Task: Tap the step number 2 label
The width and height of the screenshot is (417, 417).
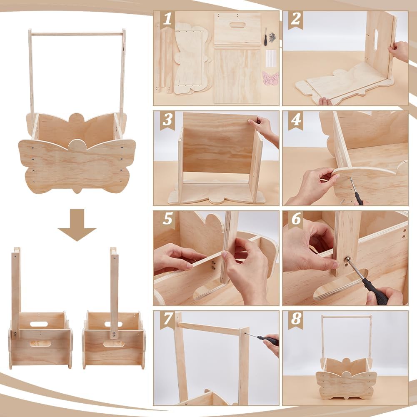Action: point(295,19)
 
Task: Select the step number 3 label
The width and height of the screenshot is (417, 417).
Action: point(167,120)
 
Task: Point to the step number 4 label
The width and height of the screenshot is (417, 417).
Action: point(296,120)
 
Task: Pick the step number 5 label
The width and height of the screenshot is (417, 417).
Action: point(167,219)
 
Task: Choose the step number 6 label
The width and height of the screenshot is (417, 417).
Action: point(296,219)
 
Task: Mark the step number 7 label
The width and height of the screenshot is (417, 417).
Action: point(167,319)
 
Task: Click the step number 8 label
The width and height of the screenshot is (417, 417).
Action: point(296,319)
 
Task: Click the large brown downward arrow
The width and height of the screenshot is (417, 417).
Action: point(77,225)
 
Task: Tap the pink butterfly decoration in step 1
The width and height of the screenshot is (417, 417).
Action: point(270,79)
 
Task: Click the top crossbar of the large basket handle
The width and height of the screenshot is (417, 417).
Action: point(77,34)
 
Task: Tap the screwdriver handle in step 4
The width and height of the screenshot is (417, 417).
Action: point(359,198)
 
